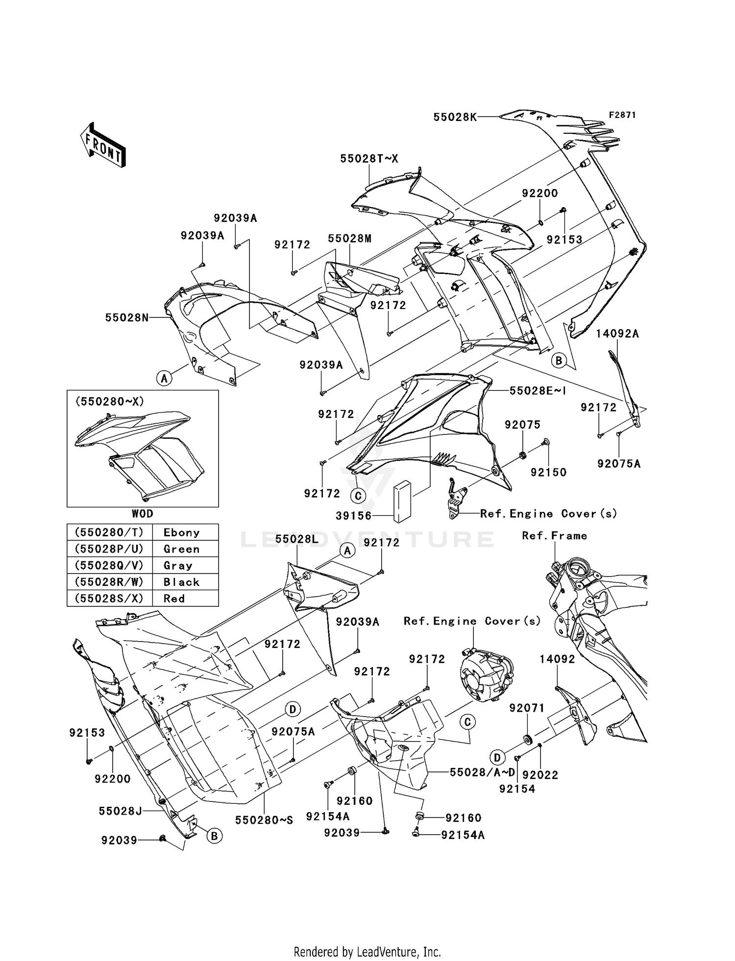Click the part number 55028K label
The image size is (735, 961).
pyautogui.click(x=455, y=117)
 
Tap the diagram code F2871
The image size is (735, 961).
pyautogui.click(x=622, y=115)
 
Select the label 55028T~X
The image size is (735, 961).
pyautogui.click(x=369, y=159)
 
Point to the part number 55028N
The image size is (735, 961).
pyautogui.click(x=127, y=317)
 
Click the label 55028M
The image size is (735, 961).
pyautogui.click(x=349, y=239)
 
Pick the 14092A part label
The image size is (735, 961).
pyautogui.click(x=617, y=334)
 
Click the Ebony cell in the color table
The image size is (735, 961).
pyautogui.click(x=182, y=533)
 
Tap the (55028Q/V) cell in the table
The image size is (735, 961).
pyautogui.click(x=109, y=566)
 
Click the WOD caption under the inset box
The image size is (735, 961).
pyautogui.click(x=143, y=514)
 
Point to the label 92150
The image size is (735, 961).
pyautogui.click(x=548, y=473)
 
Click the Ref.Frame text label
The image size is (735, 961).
pyautogui.click(x=554, y=536)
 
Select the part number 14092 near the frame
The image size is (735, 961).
pyautogui.click(x=557, y=659)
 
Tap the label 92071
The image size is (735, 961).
pyautogui.click(x=527, y=708)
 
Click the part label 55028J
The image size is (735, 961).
pyautogui.click(x=121, y=811)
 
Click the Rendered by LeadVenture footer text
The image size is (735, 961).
pyautogui.click(x=367, y=952)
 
